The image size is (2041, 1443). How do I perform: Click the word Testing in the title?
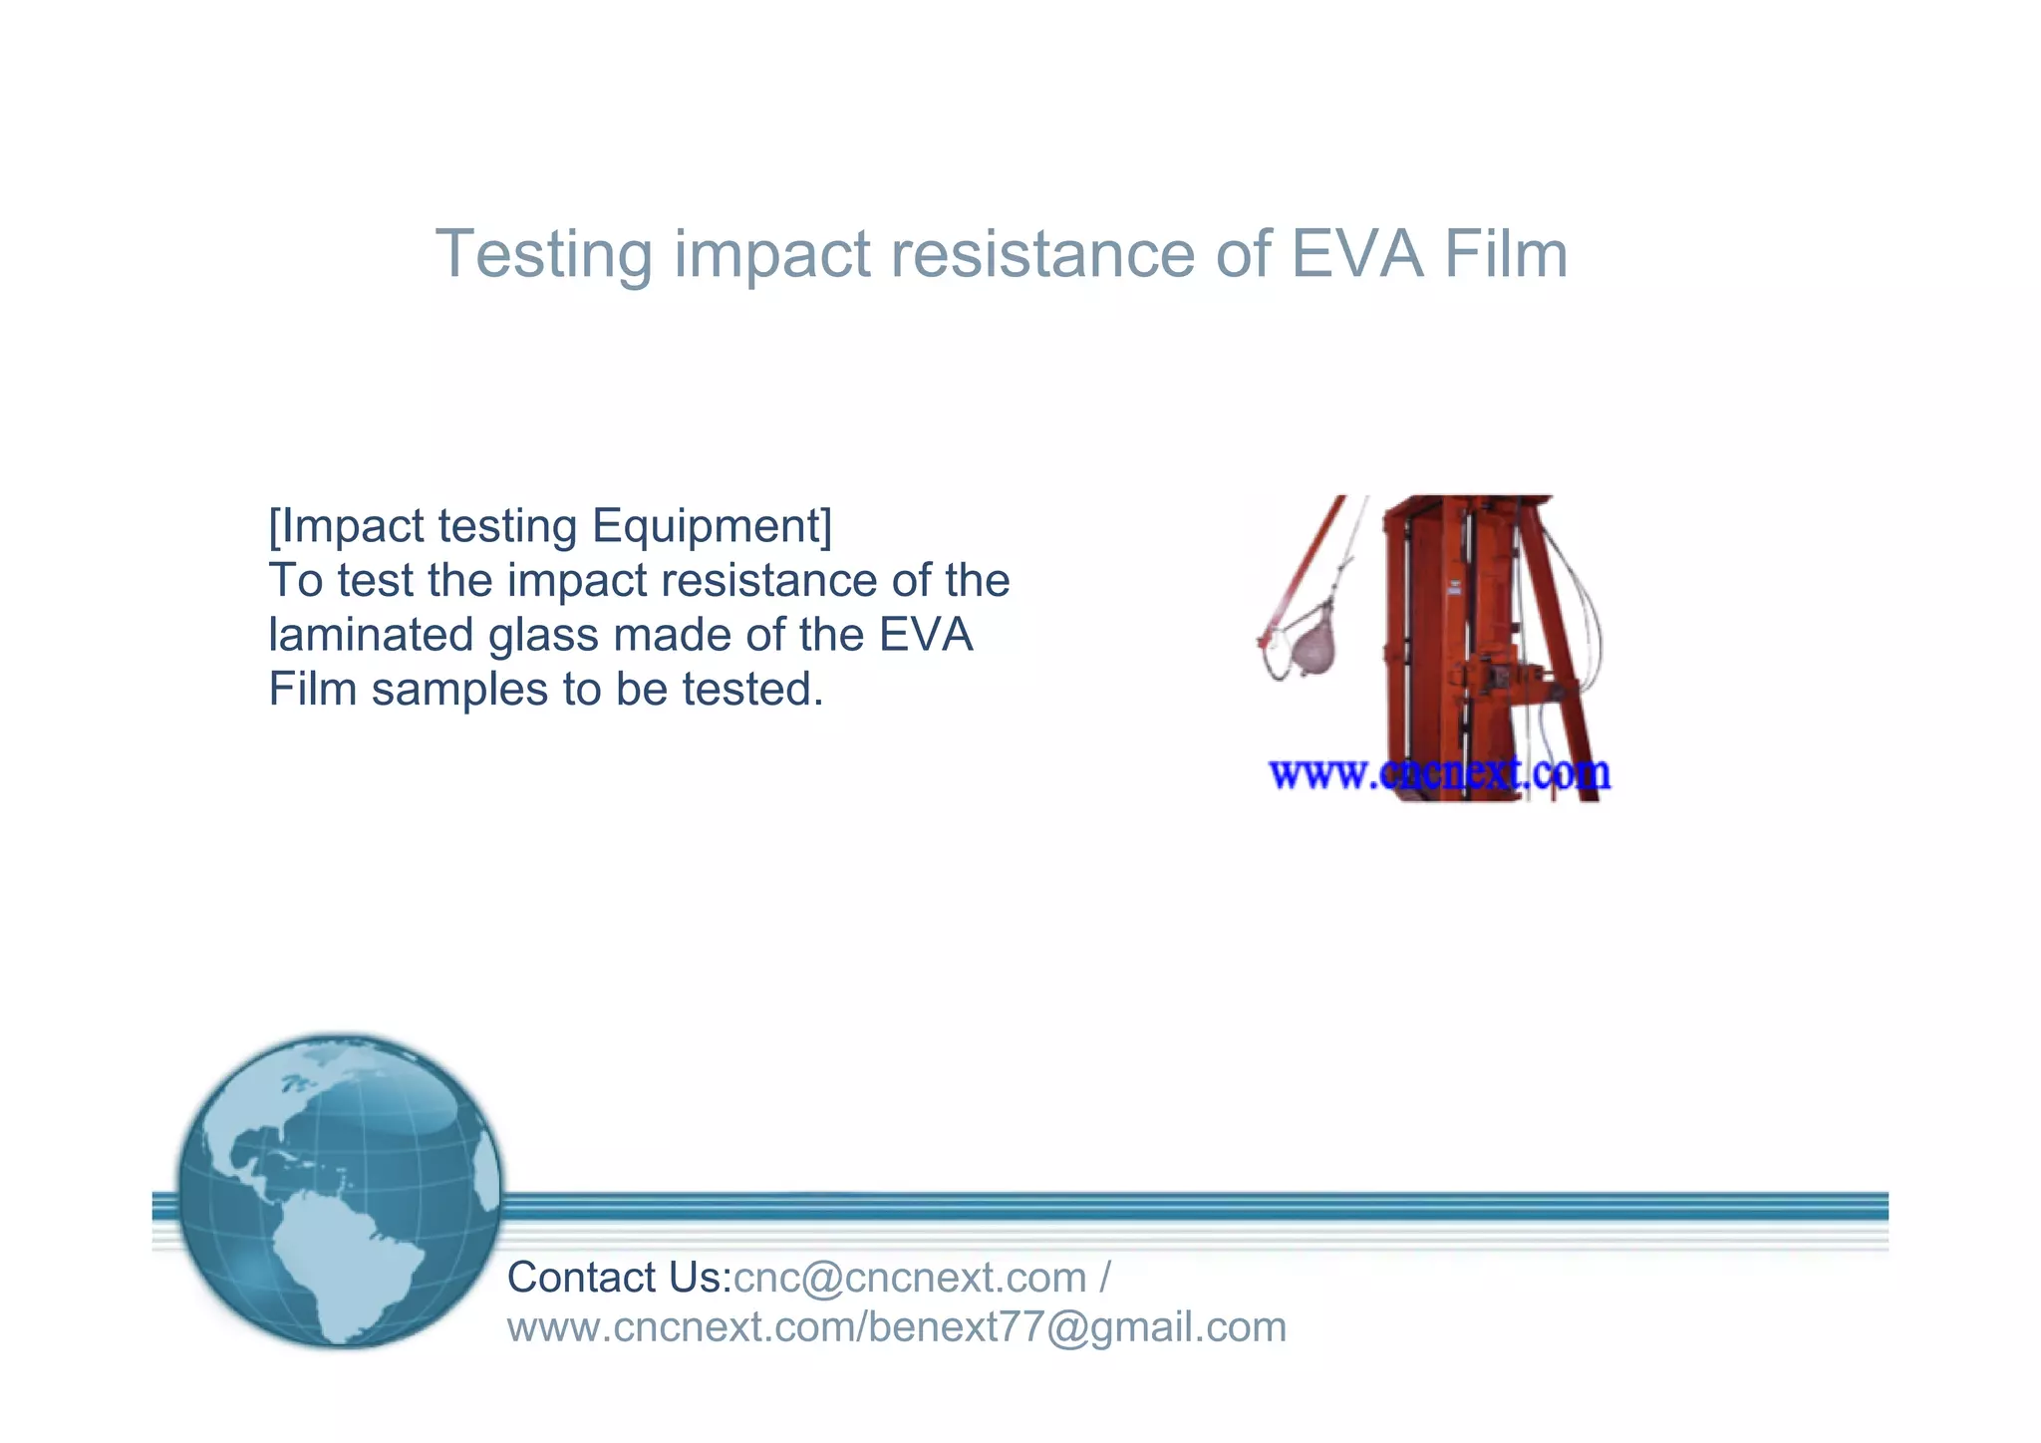(543, 254)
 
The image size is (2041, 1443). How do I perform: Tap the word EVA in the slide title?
(1357, 254)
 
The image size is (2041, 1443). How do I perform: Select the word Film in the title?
(1506, 254)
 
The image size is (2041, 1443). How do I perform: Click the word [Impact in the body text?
(345, 527)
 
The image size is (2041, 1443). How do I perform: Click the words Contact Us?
(619, 1279)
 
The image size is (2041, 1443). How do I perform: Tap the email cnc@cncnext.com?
(910, 1279)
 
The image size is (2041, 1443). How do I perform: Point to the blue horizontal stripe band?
(1196, 1207)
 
